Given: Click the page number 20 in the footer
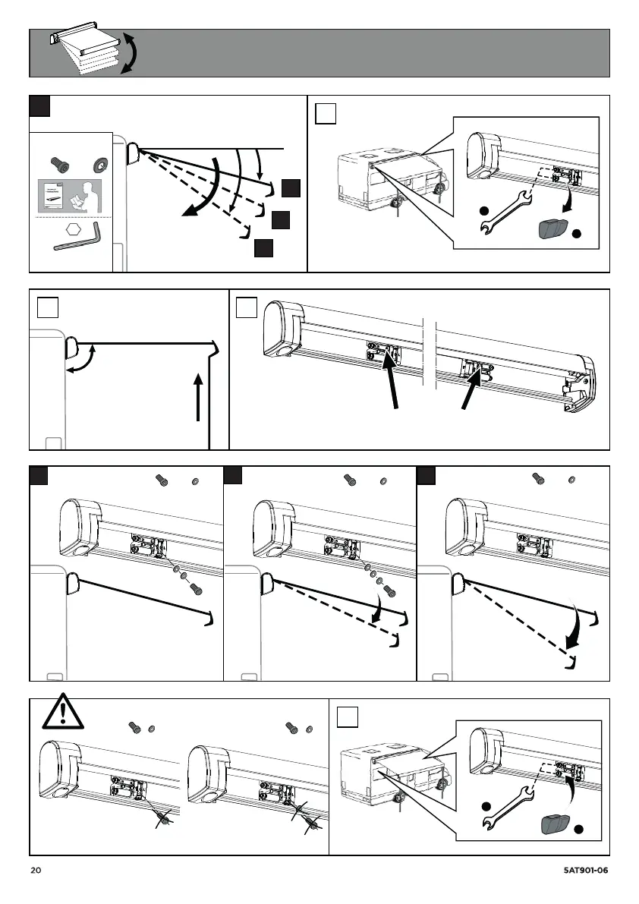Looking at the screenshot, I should point(36,871).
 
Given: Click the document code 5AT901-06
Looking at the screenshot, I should point(587,871).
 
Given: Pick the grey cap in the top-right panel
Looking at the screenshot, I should point(552,228).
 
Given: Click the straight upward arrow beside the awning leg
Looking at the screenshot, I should point(198,396).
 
